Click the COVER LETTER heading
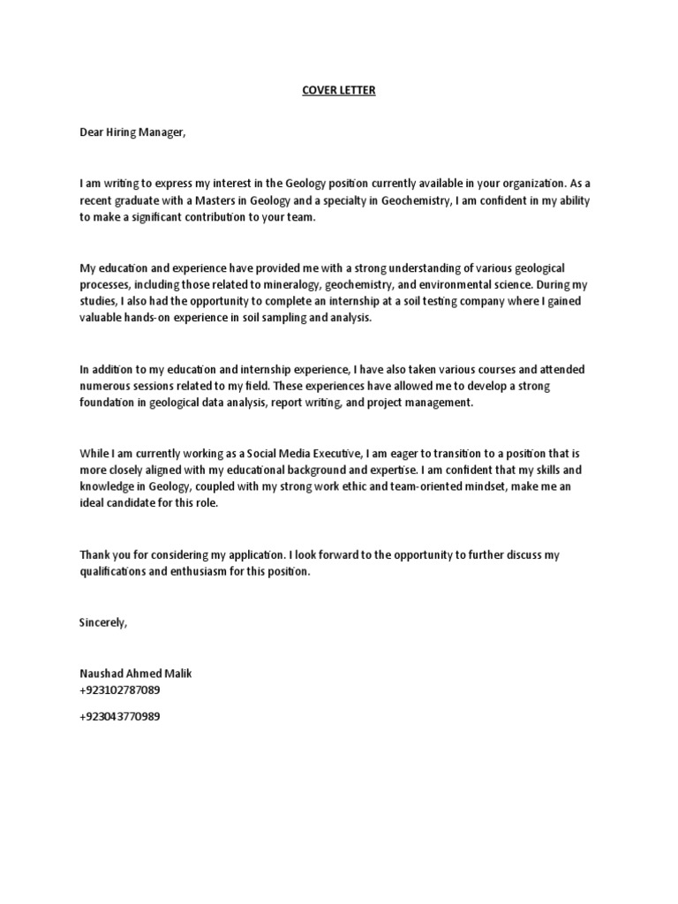pos(339,91)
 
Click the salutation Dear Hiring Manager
pos(133,132)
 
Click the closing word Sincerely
pos(103,621)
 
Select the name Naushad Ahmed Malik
pos(134,673)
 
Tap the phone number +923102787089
pos(120,689)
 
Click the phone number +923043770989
pos(120,716)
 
